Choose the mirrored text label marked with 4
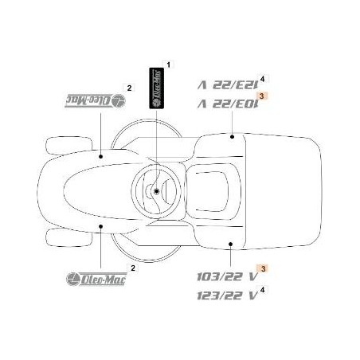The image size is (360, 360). (225, 83)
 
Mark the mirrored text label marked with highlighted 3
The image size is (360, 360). (225, 102)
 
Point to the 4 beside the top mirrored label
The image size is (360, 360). (262, 76)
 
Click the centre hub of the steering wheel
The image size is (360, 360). (158, 191)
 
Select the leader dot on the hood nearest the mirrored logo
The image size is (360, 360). (101, 156)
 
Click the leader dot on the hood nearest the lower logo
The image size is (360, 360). (101, 226)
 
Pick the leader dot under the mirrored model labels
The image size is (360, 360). (231, 137)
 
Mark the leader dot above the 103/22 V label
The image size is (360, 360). (230, 245)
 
